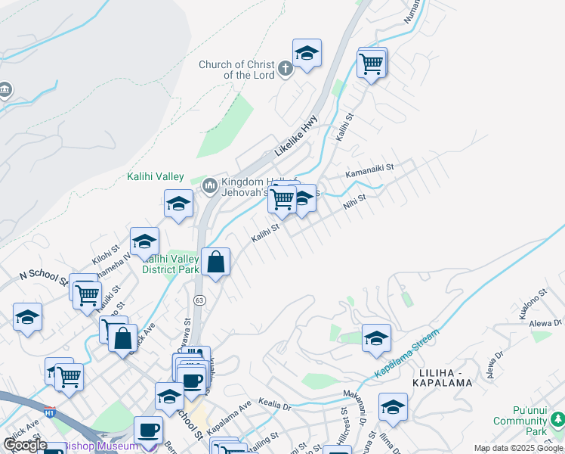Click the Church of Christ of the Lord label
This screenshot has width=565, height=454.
(x=236, y=70)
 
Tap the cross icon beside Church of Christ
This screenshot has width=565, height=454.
(x=285, y=70)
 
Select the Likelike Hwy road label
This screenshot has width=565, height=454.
(x=296, y=135)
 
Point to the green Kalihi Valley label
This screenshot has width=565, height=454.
(x=155, y=176)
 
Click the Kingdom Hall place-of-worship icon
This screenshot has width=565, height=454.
(x=209, y=184)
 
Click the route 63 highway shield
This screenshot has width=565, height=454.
(x=199, y=300)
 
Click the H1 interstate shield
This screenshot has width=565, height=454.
(x=51, y=413)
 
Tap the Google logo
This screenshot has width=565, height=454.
(x=25, y=445)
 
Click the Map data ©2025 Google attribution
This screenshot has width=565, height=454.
(x=518, y=448)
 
